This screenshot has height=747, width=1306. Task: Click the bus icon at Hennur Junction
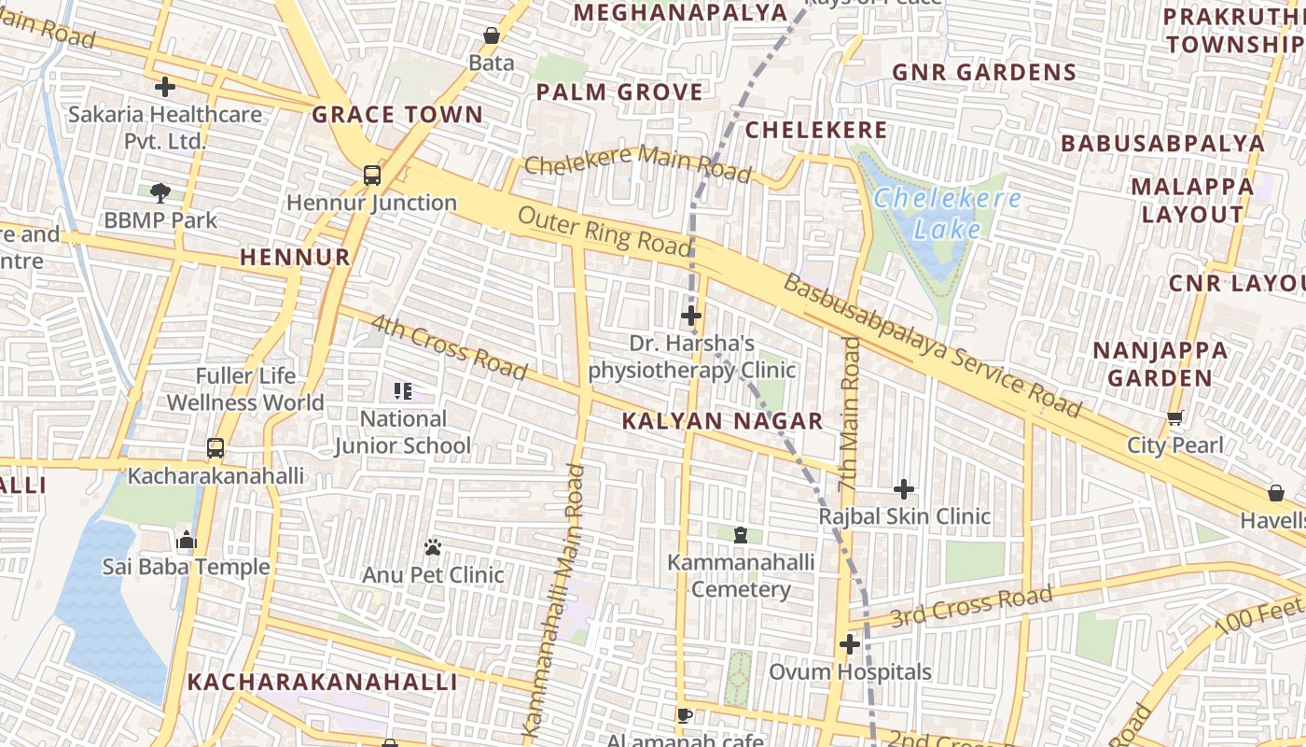371,175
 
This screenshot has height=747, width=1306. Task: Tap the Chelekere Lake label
947,214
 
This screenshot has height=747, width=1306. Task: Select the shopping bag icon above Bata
492,36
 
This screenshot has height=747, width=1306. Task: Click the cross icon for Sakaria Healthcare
165,87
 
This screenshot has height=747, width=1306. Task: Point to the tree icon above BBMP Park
160,193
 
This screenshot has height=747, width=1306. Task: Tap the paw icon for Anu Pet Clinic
433,547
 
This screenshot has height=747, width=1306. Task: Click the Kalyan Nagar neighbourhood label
722,421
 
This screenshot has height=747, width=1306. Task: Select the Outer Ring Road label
604,232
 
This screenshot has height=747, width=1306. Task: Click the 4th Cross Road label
449,347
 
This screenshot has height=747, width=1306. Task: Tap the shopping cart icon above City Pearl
1174,418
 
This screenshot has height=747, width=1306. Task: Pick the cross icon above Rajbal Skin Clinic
903,489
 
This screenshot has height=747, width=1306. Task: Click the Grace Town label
397,115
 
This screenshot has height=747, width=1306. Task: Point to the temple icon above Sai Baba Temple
186,540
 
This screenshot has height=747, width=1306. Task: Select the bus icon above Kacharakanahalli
215,448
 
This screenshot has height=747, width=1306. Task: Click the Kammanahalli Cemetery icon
741,535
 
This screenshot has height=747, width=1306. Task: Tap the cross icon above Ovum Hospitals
849,644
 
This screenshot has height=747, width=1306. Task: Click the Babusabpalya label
1162,143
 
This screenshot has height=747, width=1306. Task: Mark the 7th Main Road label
849,415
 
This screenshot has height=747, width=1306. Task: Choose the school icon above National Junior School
403,391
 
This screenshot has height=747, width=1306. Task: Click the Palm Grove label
619,92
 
